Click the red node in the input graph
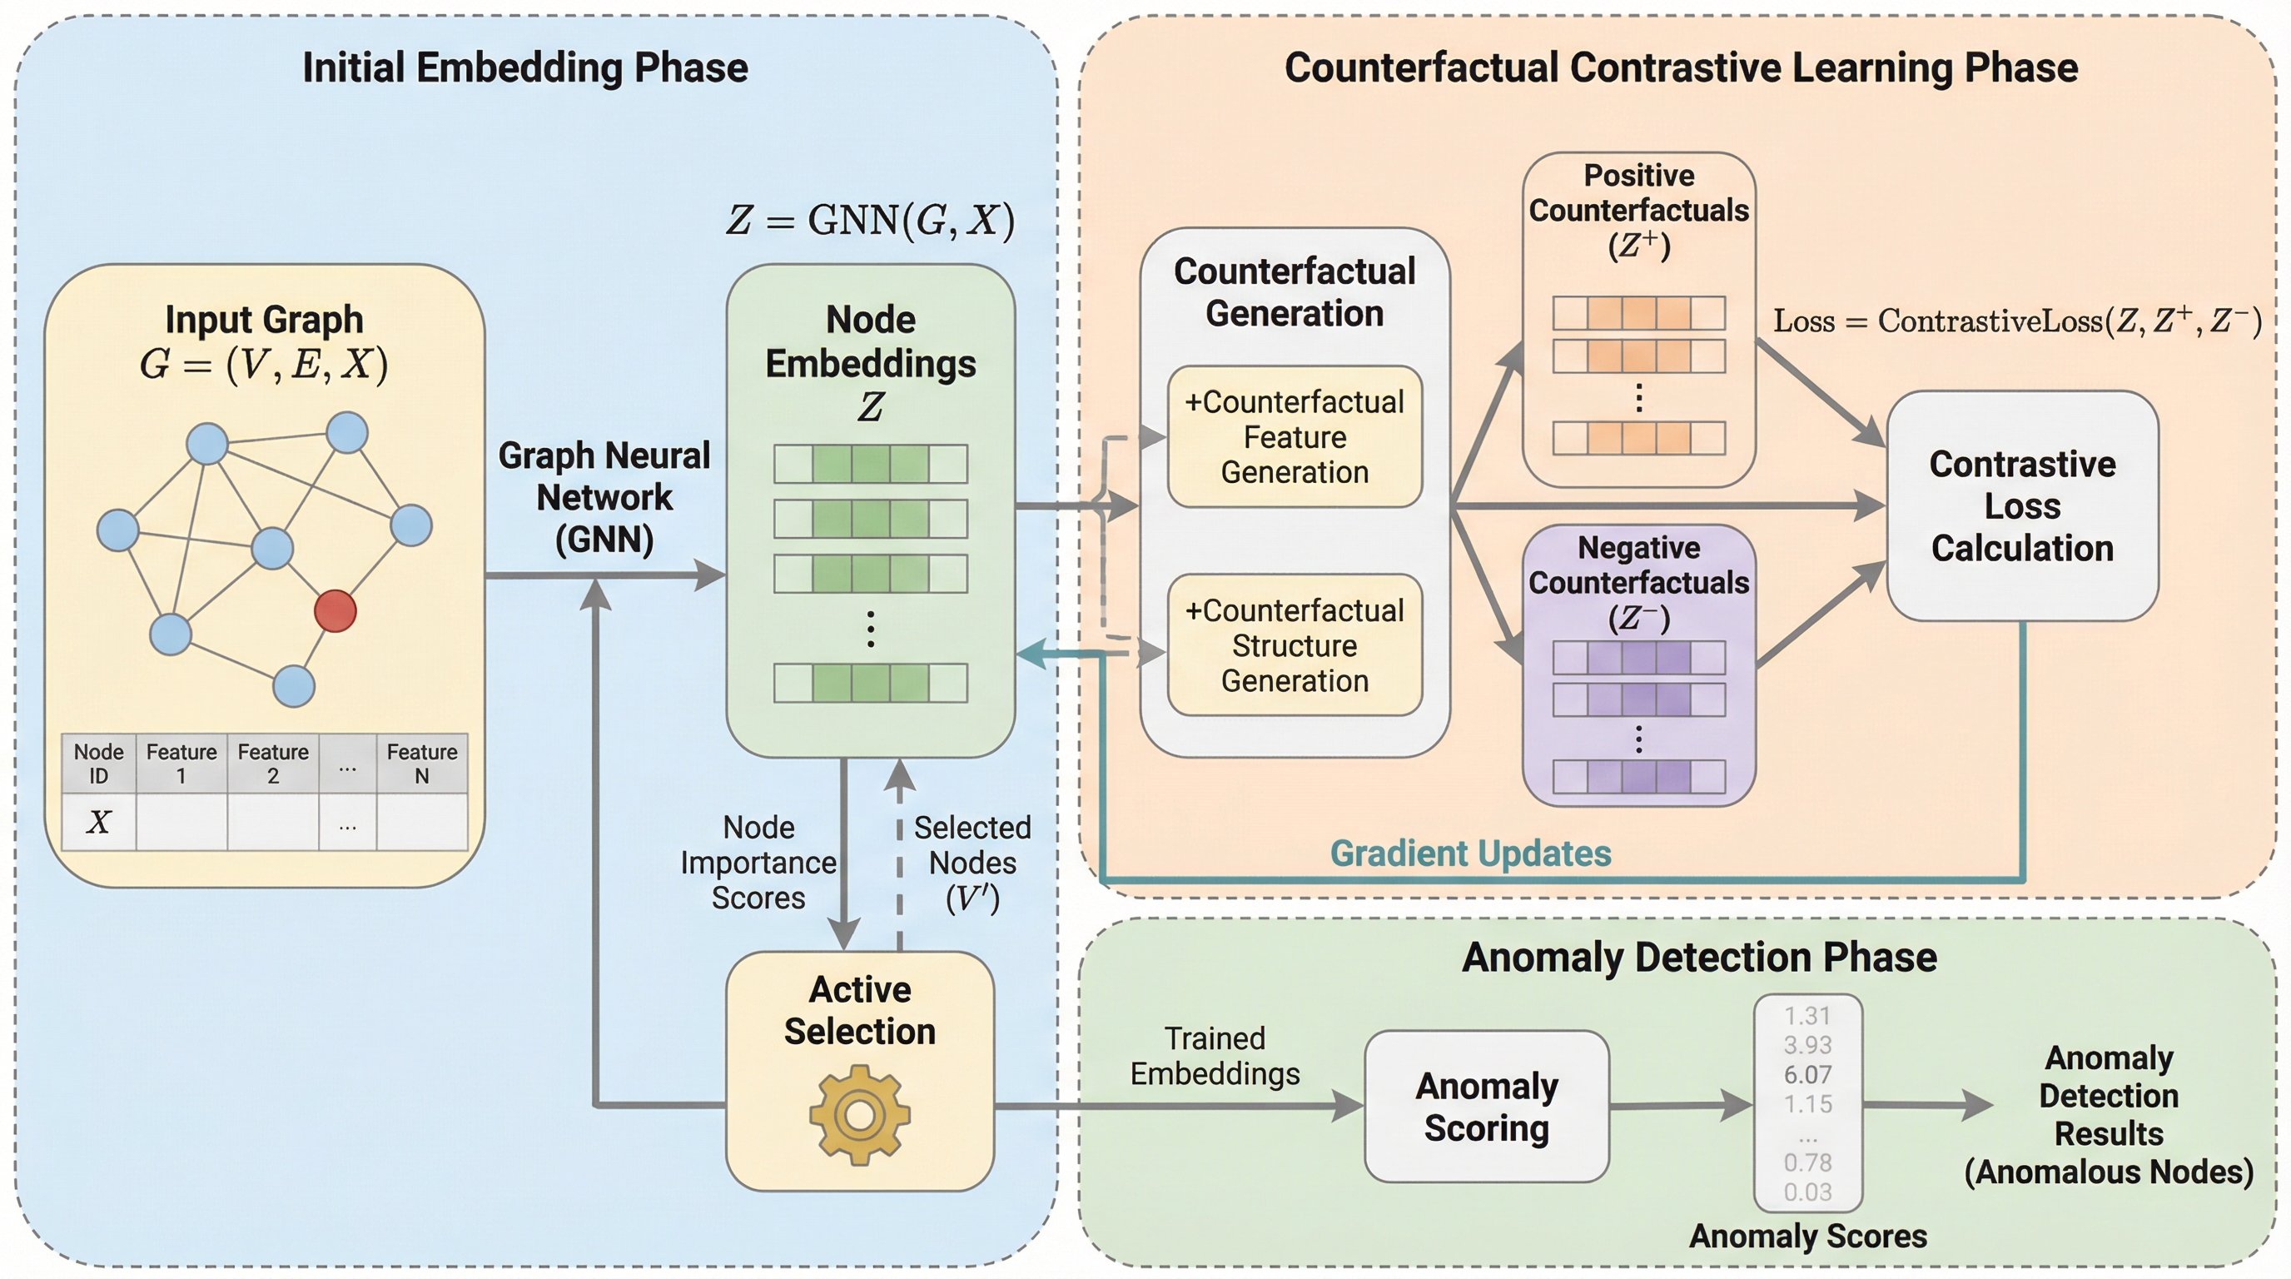click(335, 611)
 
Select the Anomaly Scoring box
click(1486, 1106)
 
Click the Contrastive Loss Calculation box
click(2021, 505)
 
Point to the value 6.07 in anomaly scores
click(1807, 1074)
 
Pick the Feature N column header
click(421, 763)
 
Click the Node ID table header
click(99, 763)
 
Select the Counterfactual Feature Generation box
click(1294, 436)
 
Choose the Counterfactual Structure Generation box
click(1294, 644)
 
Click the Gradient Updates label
click(1470, 853)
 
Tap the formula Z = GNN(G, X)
click(870, 220)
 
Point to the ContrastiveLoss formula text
click(2016, 321)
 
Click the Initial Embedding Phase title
click(524, 67)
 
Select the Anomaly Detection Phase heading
click(1698, 957)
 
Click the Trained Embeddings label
click(1215, 1056)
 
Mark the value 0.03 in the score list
click(1807, 1192)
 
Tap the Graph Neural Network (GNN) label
click(604, 497)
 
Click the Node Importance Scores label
click(758, 862)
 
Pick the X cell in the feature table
click(99, 822)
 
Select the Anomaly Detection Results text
click(2109, 1114)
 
